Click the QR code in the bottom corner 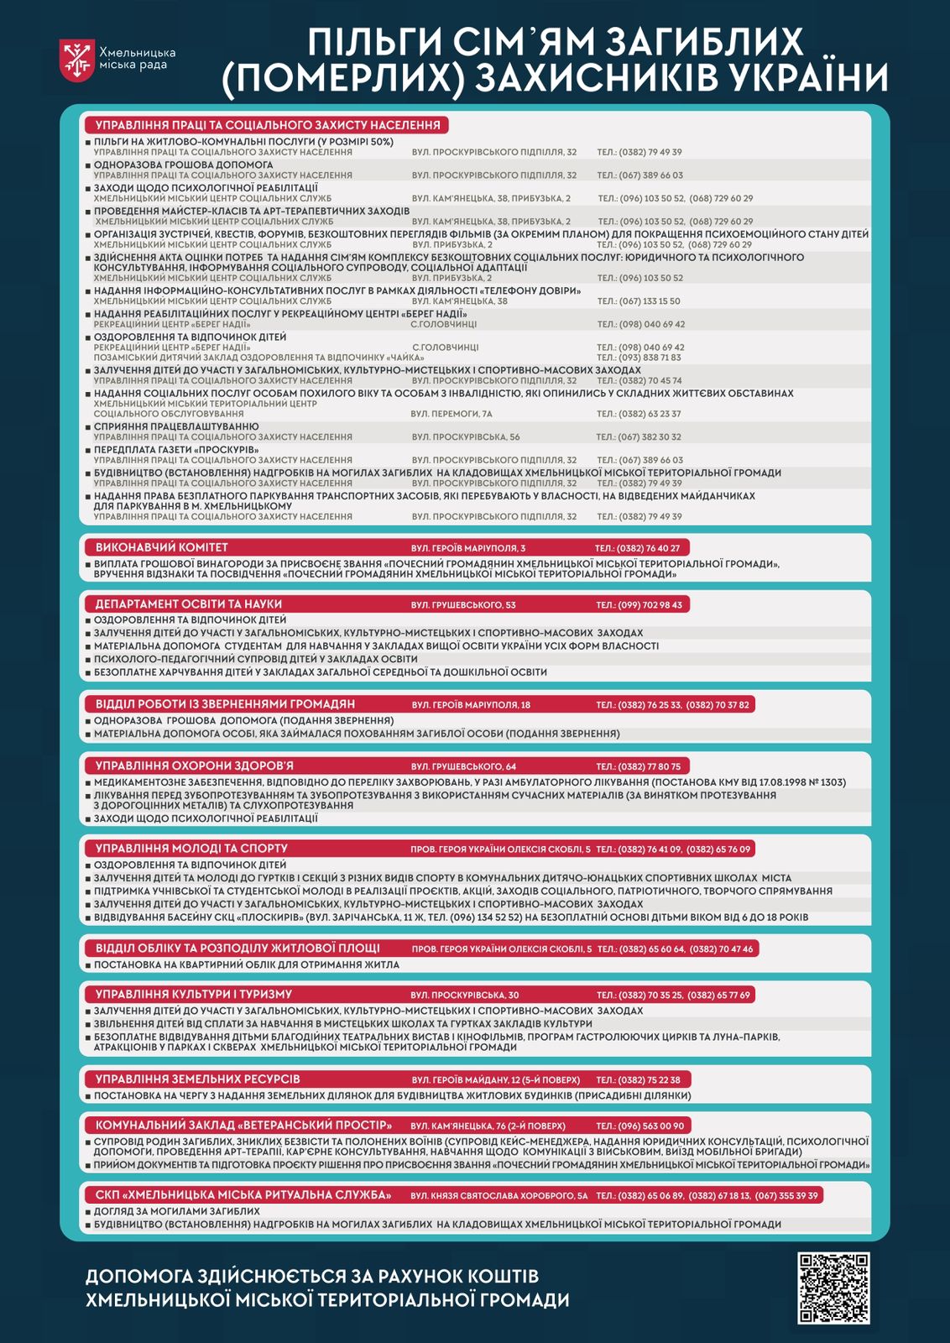pyautogui.click(x=833, y=1288)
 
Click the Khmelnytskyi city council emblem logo pyautogui.click(x=77, y=60)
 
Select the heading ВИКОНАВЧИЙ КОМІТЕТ pyautogui.click(x=162, y=548)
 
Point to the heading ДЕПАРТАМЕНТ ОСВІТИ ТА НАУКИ pyautogui.click(x=189, y=604)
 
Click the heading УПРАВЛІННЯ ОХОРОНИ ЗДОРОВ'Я pyautogui.click(x=195, y=766)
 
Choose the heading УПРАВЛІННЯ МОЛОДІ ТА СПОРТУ pyautogui.click(x=191, y=849)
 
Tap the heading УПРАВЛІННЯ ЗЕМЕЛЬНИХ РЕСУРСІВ pyautogui.click(x=198, y=1079)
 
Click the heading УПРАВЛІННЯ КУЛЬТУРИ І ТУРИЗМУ pyautogui.click(x=194, y=995)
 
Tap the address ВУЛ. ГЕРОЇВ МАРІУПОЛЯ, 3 pyautogui.click(x=468, y=548)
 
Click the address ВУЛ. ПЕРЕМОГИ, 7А pyautogui.click(x=452, y=414)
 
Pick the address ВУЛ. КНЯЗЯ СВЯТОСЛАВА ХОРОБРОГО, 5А pyautogui.click(x=499, y=1195)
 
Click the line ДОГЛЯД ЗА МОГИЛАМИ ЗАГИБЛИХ pyautogui.click(x=177, y=1211)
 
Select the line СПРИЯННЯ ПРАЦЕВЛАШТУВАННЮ pyautogui.click(x=176, y=426)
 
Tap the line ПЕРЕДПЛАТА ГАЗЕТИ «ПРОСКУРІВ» pyautogui.click(x=176, y=450)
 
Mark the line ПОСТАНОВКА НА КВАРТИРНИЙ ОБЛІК pyautogui.click(x=247, y=964)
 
